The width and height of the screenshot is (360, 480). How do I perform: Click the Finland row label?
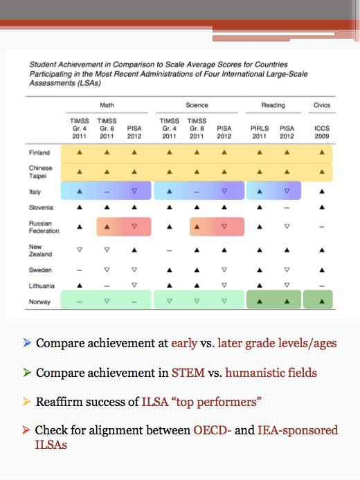click(x=39, y=153)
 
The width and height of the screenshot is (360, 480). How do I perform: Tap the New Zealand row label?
click(x=39, y=250)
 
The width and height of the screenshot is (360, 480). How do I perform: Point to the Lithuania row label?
click(x=42, y=285)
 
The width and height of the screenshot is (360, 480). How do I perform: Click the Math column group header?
click(x=107, y=105)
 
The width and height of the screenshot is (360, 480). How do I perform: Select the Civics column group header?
click(x=322, y=105)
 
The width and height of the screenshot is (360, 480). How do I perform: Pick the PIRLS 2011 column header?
click(x=260, y=132)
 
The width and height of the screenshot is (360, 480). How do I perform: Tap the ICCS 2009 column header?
click(x=322, y=132)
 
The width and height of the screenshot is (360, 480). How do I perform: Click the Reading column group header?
click(x=273, y=105)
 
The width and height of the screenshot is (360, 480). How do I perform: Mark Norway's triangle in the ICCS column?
click(x=322, y=301)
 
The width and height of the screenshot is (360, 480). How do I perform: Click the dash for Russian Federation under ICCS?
click(x=322, y=227)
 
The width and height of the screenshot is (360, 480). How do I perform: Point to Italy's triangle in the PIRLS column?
click(x=260, y=190)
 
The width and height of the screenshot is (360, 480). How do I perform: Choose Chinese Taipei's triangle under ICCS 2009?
click(x=322, y=172)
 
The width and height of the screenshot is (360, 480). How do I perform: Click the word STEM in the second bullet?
click(x=188, y=373)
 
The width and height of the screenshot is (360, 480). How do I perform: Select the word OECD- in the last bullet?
click(x=212, y=430)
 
